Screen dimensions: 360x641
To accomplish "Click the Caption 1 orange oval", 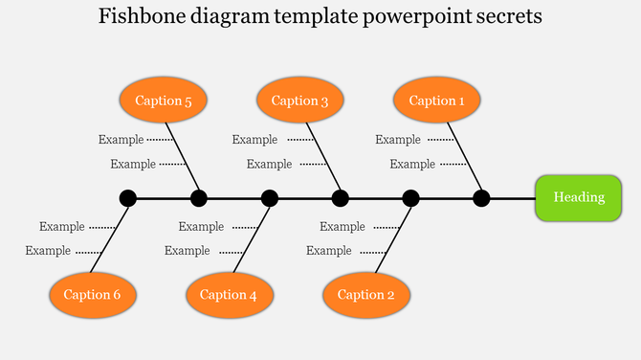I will [437, 101].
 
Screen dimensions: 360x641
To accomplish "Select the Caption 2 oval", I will [366, 295].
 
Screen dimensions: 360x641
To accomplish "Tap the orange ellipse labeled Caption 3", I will [299, 101].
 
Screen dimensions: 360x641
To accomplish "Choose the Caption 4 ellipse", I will [229, 295].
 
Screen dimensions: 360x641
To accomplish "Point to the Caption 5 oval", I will [163, 101].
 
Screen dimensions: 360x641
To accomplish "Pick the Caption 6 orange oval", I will [92, 295].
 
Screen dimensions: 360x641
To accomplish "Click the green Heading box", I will [579, 198].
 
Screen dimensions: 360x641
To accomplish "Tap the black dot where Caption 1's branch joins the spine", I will [481, 198].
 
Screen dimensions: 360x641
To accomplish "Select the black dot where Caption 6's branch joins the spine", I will [127, 198].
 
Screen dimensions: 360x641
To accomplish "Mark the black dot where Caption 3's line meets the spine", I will [340, 198].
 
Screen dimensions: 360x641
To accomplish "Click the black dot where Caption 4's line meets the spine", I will [270, 198].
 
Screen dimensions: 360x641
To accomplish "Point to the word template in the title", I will [319, 17].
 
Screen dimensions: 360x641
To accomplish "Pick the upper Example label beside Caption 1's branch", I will [397, 140].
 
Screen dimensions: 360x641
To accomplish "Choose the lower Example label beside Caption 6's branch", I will [48, 251].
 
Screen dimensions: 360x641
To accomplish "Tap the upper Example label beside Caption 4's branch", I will [201, 227].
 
